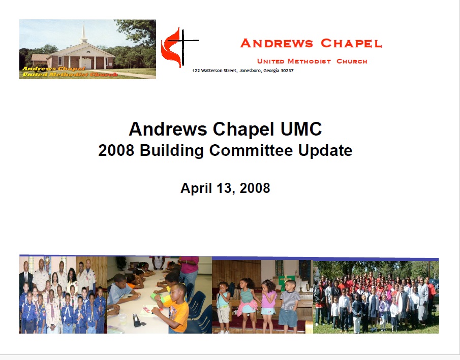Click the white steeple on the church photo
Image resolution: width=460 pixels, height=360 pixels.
point(84,32)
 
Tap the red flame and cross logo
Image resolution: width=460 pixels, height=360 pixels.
point(179,47)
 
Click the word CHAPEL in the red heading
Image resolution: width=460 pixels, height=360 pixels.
point(351,43)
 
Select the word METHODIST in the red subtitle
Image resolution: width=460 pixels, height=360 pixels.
point(309,61)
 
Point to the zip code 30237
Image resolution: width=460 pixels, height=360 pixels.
point(287,71)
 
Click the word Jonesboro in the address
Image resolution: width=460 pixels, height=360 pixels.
point(251,71)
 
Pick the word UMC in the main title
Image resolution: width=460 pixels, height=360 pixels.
point(301,129)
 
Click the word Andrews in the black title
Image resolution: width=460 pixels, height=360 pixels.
point(168,129)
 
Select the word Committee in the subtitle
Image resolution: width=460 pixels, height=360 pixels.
point(251,150)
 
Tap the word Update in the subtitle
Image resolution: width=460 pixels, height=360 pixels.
point(325,151)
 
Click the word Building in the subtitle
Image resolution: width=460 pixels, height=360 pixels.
point(171,151)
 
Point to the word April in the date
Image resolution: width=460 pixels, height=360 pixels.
point(196,188)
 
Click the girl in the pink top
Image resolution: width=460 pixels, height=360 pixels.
point(268,305)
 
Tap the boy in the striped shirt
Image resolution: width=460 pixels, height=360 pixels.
point(289,305)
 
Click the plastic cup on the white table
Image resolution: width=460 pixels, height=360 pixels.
point(122,319)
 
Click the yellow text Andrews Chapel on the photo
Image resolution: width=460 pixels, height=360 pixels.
point(54,69)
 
